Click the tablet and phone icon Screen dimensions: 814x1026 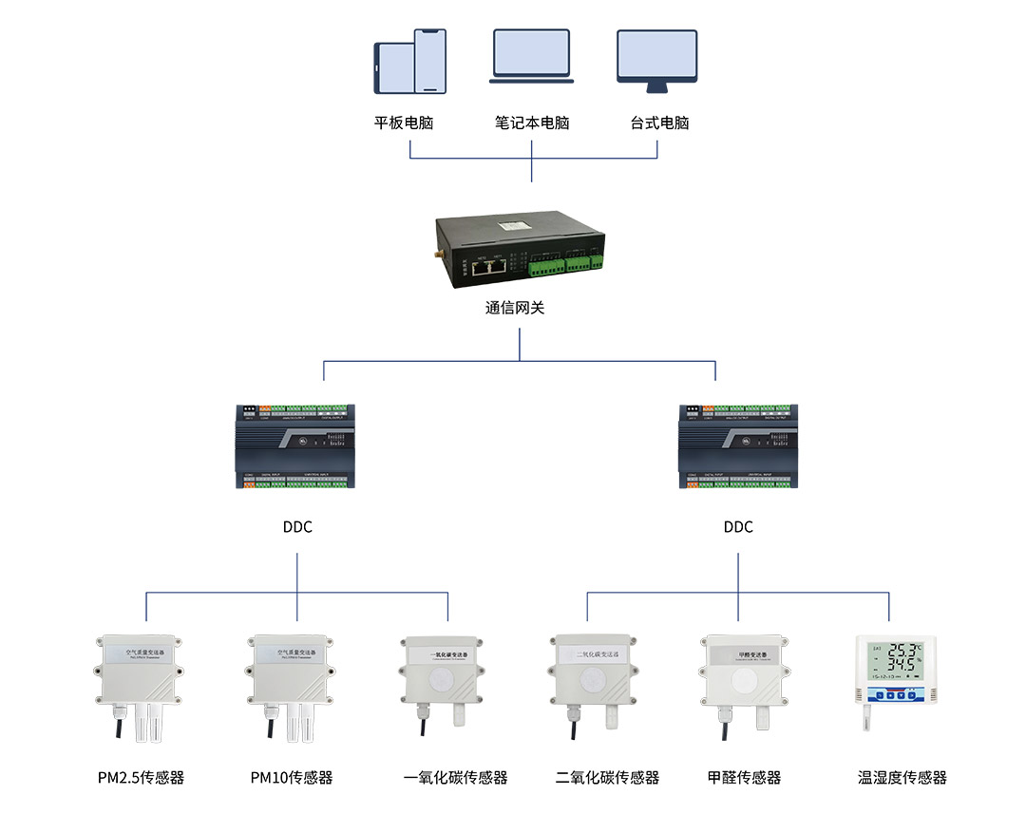pos(410,62)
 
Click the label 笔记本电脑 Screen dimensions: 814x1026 pos(531,123)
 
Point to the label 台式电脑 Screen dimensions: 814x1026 pos(659,123)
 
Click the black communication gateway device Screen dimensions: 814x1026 pos(519,244)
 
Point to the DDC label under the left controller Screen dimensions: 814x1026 pos(297,527)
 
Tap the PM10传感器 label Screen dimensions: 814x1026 pos(292,778)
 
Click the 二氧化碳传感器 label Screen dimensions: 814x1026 pos(607,778)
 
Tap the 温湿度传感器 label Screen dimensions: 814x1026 pos(902,778)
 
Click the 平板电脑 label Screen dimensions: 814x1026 pos(404,123)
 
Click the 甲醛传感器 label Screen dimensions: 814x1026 pos(744,778)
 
